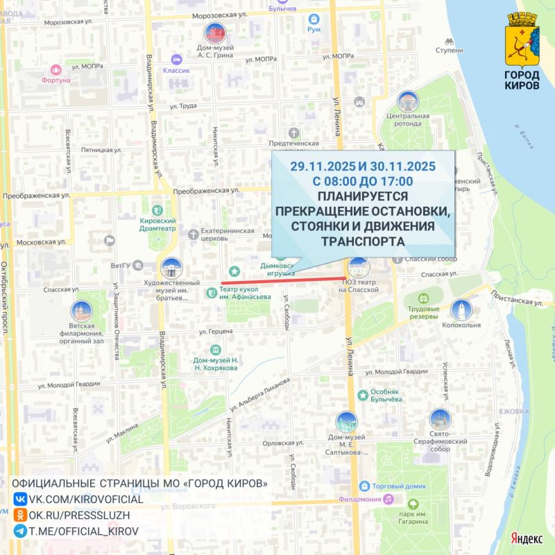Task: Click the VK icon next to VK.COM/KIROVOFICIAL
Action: click(x=21, y=499)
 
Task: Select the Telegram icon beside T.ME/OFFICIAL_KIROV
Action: click(x=21, y=531)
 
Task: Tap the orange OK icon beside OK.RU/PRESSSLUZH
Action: click(x=21, y=515)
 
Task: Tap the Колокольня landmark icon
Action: click(x=461, y=310)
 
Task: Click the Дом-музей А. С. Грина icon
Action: click(x=214, y=34)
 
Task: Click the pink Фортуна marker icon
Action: click(x=56, y=69)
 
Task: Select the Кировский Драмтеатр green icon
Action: click(x=157, y=210)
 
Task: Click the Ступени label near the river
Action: click(x=450, y=51)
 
